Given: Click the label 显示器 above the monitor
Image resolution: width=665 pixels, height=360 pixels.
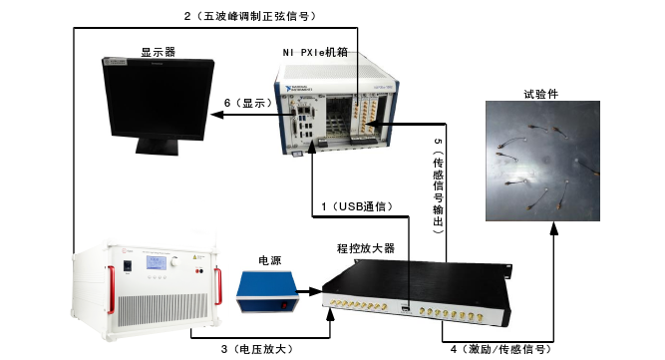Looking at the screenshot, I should (x=158, y=51).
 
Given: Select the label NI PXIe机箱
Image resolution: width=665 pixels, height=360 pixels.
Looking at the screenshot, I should (x=316, y=51).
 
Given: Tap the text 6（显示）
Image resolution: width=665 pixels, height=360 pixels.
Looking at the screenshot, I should (x=247, y=103).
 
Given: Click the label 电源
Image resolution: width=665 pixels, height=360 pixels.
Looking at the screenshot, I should (x=270, y=260).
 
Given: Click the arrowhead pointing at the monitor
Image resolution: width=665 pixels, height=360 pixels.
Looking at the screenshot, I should (x=213, y=117).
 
